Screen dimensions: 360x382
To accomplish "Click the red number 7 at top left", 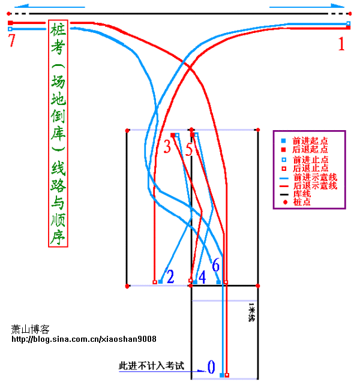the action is [11, 40].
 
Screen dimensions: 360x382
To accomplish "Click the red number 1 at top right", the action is [341, 44].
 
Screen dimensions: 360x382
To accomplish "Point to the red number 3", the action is [167, 147].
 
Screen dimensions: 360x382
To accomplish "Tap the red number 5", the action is [189, 149].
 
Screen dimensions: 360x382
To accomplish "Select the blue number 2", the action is [170, 276].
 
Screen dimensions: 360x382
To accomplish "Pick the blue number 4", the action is [202, 277].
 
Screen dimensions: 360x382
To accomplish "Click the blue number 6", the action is [216, 265].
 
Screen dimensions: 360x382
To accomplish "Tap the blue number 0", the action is [211, 366].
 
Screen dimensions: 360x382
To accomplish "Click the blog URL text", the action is [84, 339].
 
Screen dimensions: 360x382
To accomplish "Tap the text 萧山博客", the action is [30, 329].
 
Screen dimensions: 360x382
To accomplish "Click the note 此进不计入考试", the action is [151, 366].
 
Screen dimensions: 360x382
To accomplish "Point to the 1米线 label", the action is [252, 312].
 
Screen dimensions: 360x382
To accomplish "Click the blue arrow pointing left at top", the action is [49, 7].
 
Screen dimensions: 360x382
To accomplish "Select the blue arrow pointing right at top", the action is [307, 7].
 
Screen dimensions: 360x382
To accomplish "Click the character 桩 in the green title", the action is [58, 29].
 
